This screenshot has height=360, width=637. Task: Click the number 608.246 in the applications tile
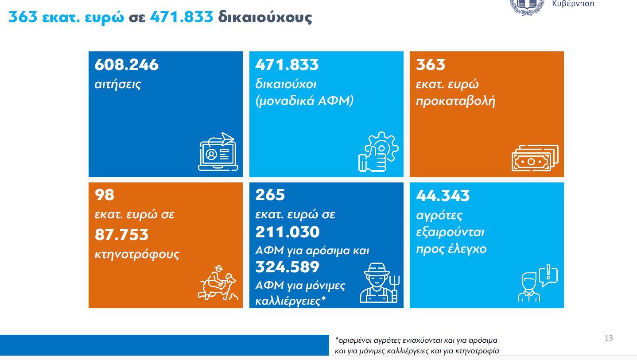126,65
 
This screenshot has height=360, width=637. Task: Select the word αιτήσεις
117,84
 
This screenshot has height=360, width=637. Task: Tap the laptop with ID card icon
218,152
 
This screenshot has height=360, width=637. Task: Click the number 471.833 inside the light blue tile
287,65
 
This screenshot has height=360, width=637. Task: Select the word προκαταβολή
455,101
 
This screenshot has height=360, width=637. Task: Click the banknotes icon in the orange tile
535,158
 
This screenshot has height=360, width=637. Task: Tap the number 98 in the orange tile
105,195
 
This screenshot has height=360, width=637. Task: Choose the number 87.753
121,235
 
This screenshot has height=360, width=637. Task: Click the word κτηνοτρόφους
137,255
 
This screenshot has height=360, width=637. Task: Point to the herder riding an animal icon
218,283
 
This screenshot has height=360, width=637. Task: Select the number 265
270,195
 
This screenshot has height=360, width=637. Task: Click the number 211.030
287,232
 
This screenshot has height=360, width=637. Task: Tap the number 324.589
287,267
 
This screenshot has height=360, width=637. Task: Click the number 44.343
443,195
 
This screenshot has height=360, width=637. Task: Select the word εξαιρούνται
450,232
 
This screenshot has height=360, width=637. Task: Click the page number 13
609,338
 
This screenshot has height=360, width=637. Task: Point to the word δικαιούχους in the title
264,17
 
